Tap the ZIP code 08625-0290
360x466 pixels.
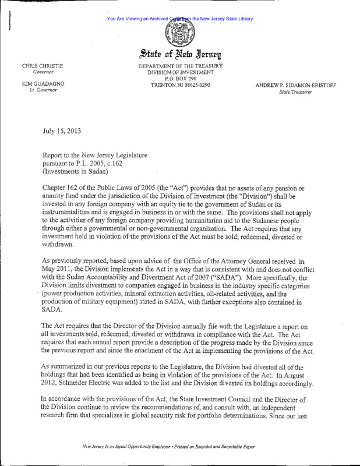[193, 86]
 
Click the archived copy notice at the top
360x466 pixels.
[180, 19]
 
